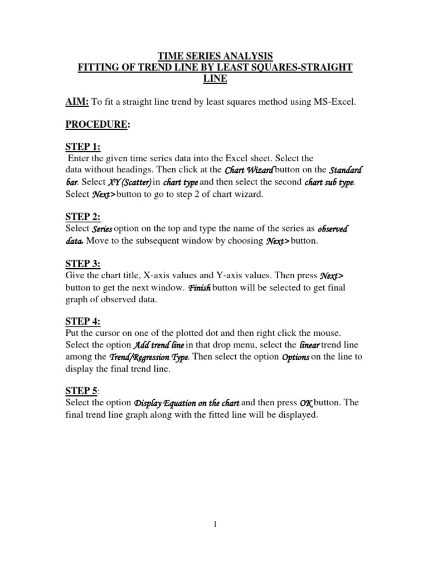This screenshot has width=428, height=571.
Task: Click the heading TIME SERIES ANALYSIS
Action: (x=216, y=56)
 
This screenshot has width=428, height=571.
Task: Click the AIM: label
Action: (x=77, y=101)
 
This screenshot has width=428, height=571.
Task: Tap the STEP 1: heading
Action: (x=83, y=147)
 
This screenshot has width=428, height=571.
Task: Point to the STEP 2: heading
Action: (x=83, y=216)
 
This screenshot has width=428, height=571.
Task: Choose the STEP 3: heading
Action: (x=83, y=264)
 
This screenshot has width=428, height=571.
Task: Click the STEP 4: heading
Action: (x=83, y=321)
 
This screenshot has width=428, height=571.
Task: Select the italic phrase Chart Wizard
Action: (x=249, y=170)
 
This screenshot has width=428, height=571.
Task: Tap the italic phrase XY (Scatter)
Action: (x=128, y=182)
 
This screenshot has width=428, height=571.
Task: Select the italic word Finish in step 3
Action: (x=200, y=288)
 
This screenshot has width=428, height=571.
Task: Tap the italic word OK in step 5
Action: (x=307, y=403)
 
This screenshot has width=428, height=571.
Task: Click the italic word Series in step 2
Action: (x=102, y=229)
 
